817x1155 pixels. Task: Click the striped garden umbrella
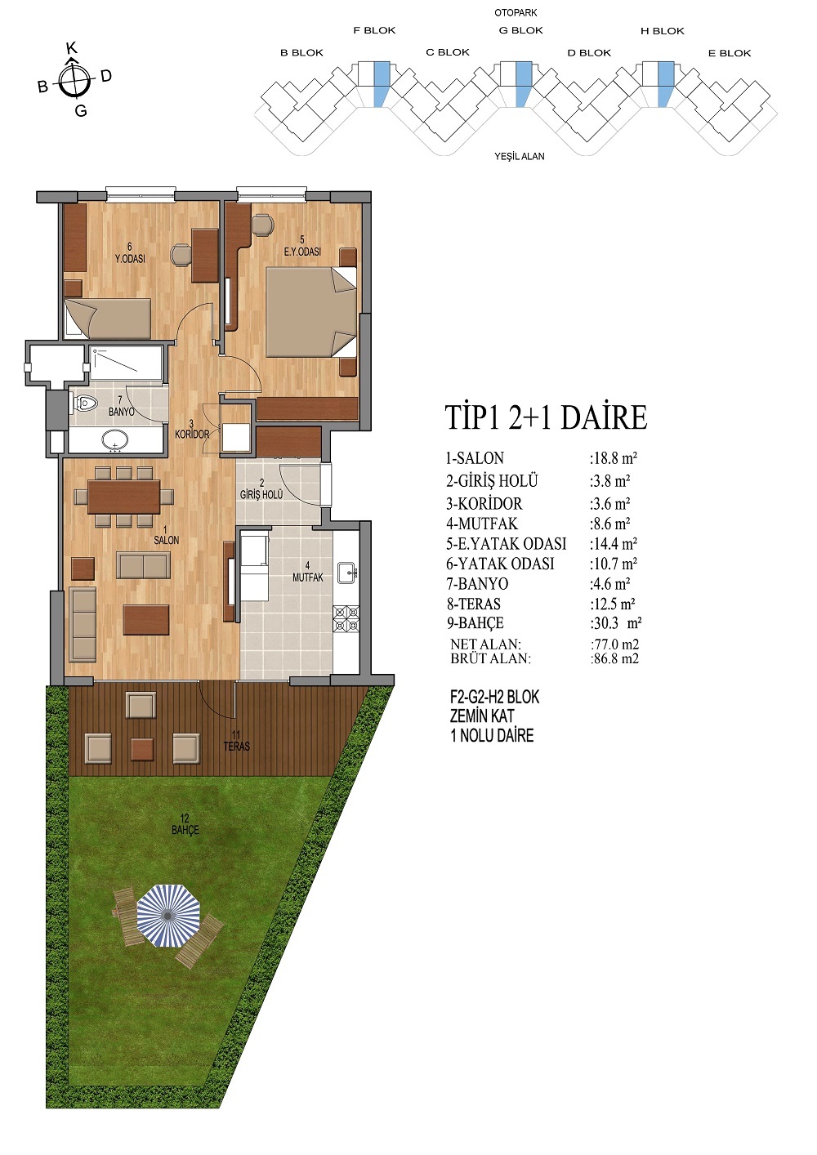coord(168,915)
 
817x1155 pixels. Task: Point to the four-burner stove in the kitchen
coord(346,619)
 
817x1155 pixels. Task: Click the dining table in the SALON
coord(124,497)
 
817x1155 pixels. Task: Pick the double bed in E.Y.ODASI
coord(311,312)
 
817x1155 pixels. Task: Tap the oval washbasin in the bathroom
coord(114,441)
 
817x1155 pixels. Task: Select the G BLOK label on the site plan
coord(520,30)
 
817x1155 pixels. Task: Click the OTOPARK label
coord(516,13)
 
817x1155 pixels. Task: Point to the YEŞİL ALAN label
coord(520,156)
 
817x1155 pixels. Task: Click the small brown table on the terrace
coord(142,749)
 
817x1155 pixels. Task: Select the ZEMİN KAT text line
coord(482,716)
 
